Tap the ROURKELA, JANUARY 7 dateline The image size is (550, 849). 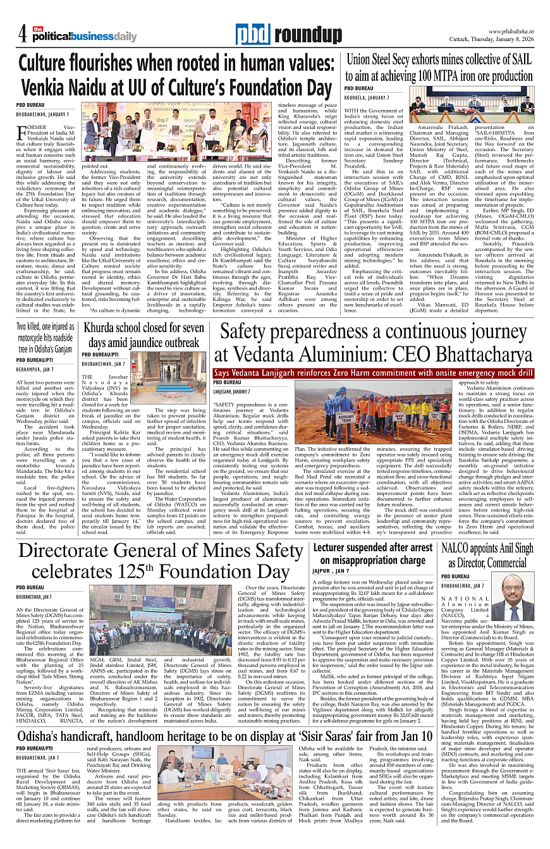click(x=367, y=99)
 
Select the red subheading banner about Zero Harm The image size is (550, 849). click(x=374, y=373)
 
